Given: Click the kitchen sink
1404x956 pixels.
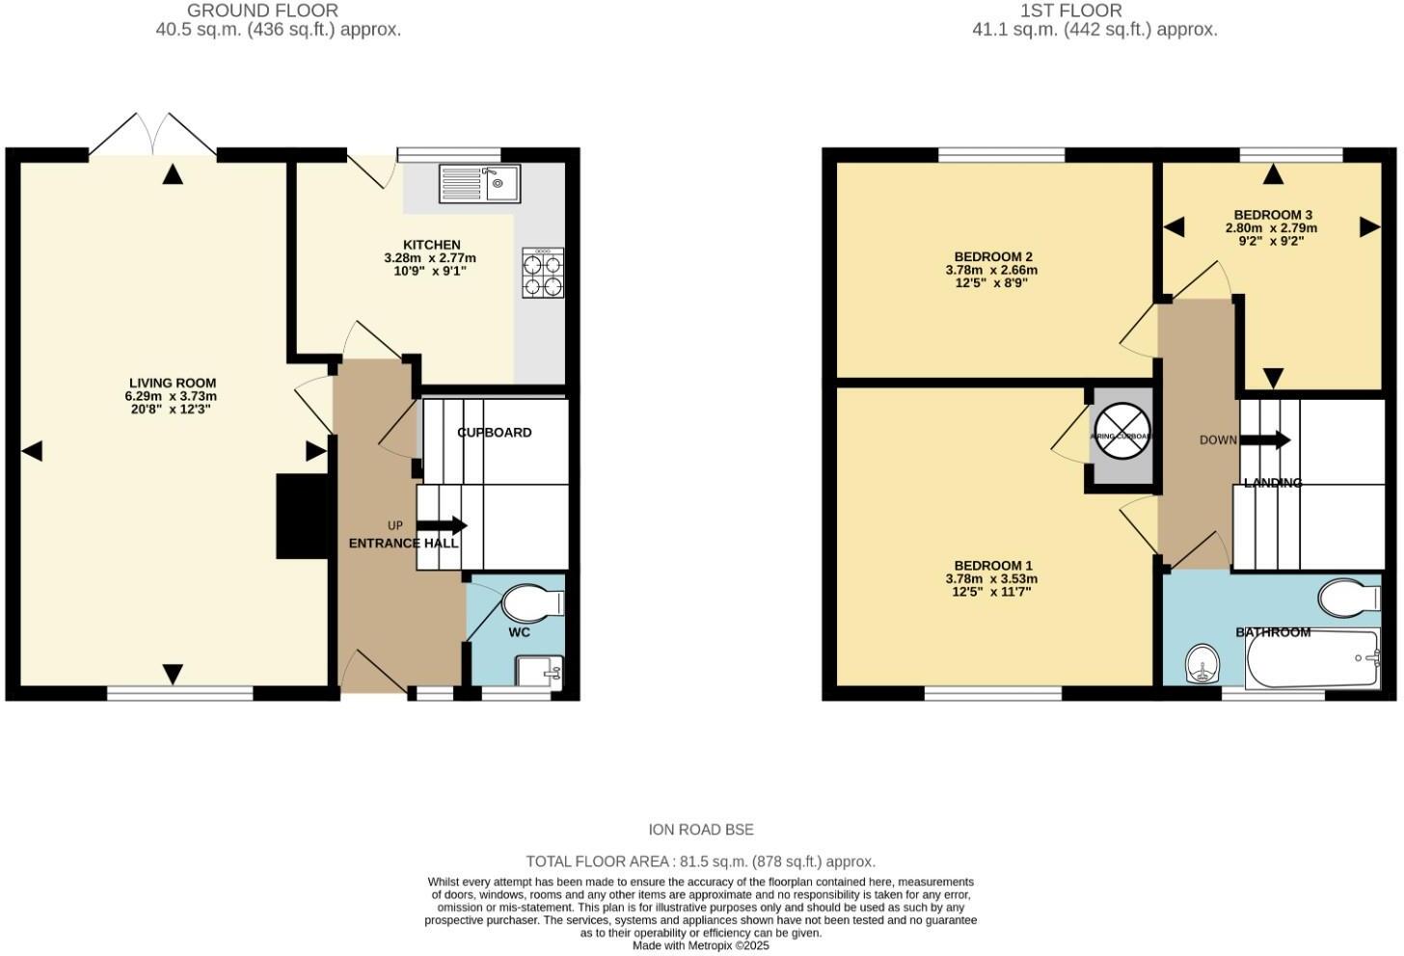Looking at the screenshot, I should coord(479,182).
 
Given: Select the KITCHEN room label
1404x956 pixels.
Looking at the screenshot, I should coord(431,245).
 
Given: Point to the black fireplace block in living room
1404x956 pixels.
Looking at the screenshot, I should coord(300,516).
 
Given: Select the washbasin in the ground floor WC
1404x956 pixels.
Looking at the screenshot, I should coord(538,671).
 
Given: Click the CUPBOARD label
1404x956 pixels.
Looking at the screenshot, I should coord(495,433).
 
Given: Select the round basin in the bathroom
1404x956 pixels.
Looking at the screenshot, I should coord(1201,664).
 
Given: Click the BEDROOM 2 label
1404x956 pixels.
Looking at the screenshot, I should coord(993,256).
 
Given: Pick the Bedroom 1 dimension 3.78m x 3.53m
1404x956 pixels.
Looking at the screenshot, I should coord(991,579).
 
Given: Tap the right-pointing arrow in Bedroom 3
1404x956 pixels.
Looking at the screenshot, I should coord(1369,227).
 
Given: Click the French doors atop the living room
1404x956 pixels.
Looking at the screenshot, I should coord(153,135).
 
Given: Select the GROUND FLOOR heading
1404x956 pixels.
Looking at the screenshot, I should coord(262,11).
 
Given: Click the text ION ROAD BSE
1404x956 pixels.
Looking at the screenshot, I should coord(701,830).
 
